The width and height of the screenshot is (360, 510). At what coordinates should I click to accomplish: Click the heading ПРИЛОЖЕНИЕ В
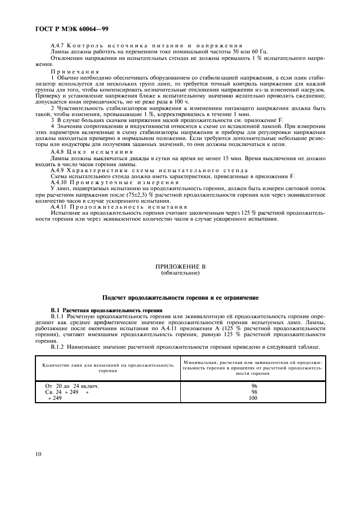pyautogui.click(x=180, y=268)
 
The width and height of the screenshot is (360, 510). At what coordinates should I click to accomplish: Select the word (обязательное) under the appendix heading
pyautogui.click(x=180, y=273)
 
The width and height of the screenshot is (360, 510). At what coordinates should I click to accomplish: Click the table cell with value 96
pyautogui.click(x=254, y=386)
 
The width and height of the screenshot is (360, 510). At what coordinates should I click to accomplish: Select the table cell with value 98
pyautogui.click(x=254, y=392)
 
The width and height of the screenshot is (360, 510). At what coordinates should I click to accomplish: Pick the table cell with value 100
pyautogui.click(x=254, y=398)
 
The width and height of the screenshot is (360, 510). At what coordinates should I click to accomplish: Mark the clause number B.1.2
pyautogui.click(x=59, y=347)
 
